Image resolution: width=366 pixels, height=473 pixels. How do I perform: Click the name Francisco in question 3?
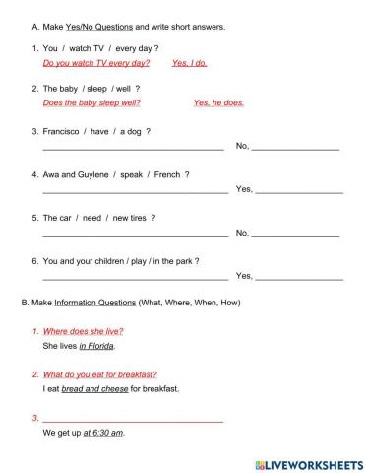click(61, 131)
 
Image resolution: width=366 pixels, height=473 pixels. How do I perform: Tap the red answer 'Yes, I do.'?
click(189, 63)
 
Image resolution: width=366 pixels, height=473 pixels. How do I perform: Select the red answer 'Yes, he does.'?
click(218, 102)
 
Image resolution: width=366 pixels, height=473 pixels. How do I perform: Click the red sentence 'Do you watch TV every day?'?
click(96, 63)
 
